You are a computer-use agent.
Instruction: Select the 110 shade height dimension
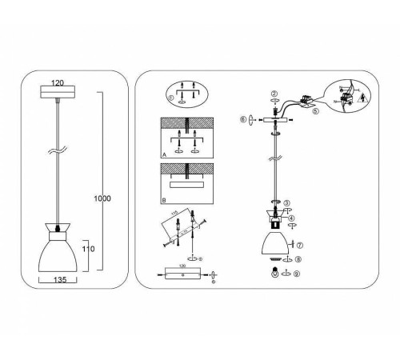click(88, 249)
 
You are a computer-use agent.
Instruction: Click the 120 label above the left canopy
click(57, 82)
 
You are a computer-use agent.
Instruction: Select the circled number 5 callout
click(315, 112)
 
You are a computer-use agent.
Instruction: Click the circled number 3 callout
click(287, 202)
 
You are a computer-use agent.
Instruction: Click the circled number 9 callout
click(297, 274)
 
